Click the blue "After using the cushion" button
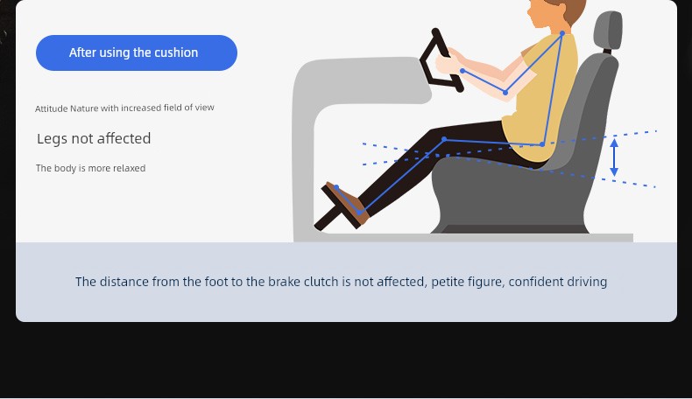[x=137, y=52]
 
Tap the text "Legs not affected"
[x=94, y=138]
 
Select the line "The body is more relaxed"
[x=90, y=168]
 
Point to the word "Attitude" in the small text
[x=51, y=108]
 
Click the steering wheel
[x=440, y=62]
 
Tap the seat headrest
[x=608, y=31]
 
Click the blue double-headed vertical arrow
[x=614, y=157]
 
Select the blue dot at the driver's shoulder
[x=562, y=33]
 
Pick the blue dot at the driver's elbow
[x=505, y=92]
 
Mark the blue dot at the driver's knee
[x=444, y=139]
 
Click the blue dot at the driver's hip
[x=542, y=144]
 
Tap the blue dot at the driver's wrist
[x=463, y=71]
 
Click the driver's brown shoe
[x=347, y=202]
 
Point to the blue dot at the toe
[x=336, y=187]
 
